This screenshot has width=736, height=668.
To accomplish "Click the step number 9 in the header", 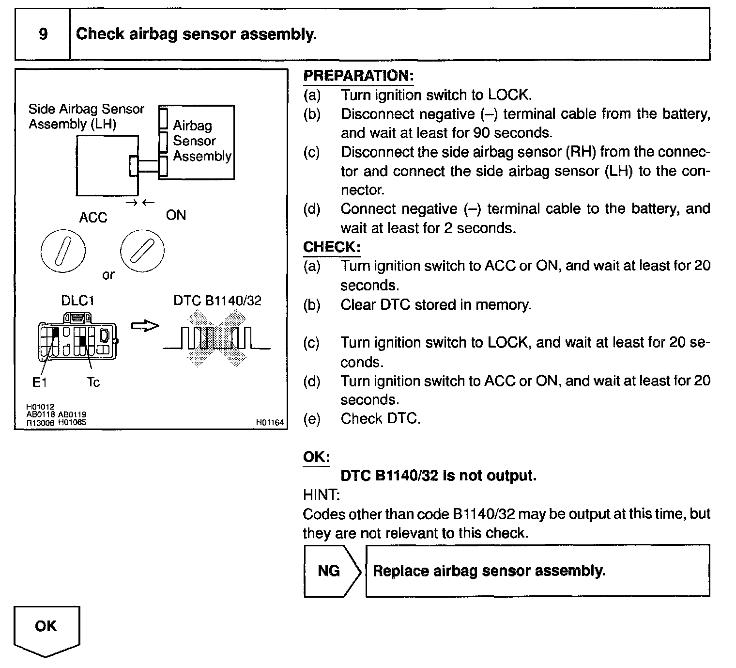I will (x=43, y=34).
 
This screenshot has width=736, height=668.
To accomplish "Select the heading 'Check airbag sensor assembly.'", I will (x=196, y=34).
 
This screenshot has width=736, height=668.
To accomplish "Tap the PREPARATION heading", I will (x=358, y=76).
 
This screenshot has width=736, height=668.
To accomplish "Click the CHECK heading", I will (x=332, y=247).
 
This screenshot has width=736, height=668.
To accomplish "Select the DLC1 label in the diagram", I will (x=77, y=301).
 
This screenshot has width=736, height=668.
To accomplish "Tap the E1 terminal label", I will (x=39, y=382).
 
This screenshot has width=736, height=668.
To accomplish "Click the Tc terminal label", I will (x=93, y=382).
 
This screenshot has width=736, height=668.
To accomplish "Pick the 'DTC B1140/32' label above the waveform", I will (x=217, y=301).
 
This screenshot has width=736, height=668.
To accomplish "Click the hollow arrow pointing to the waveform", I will (x=145, y=327).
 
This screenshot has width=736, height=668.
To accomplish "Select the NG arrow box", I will (x=332, y=571).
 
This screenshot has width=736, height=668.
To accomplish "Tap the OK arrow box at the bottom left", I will (x=46, y=629).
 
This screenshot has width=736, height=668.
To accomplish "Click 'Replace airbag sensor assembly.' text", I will (x=489, y=571).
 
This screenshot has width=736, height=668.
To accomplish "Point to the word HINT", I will (x=321, y=495).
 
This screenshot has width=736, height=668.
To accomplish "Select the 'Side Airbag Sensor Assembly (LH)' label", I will (x=86, y=116).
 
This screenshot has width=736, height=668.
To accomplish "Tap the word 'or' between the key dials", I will (x=108, y=275).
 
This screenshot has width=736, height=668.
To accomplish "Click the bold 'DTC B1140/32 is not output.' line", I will (x=439, y=476).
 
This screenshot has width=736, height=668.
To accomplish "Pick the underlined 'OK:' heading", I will (x=316, y=457).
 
